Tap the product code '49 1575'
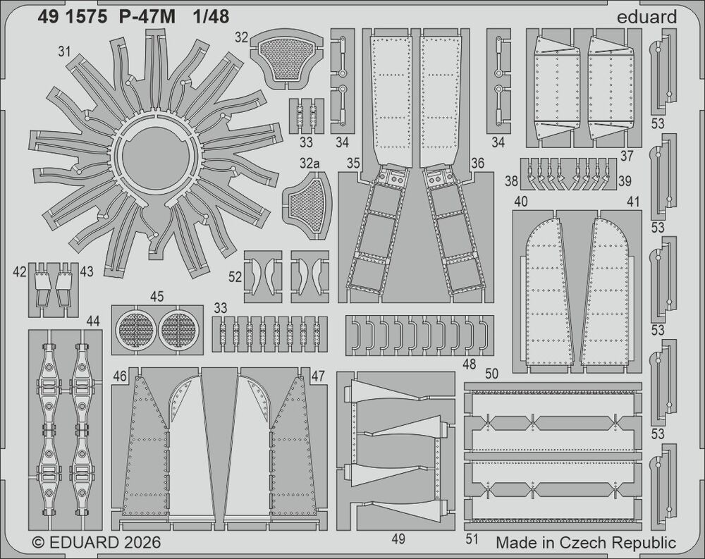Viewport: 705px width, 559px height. [73, 17]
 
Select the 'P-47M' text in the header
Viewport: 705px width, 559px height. [147, 17]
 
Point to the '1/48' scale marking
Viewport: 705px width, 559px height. [211, 17]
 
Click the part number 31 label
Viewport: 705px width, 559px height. [64, 51]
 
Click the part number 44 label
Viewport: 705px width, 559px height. [92, 321]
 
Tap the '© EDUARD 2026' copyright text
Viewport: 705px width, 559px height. [97, 542]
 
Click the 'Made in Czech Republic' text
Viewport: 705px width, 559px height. [586, 542]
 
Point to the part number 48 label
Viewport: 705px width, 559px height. [469, 364]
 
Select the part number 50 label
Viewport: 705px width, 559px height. [492, 374]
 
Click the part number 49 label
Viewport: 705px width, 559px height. [399, 539]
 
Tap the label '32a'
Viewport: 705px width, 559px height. [309, 164]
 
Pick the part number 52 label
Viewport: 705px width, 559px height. [235, 277]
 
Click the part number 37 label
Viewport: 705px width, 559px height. [626, 156]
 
